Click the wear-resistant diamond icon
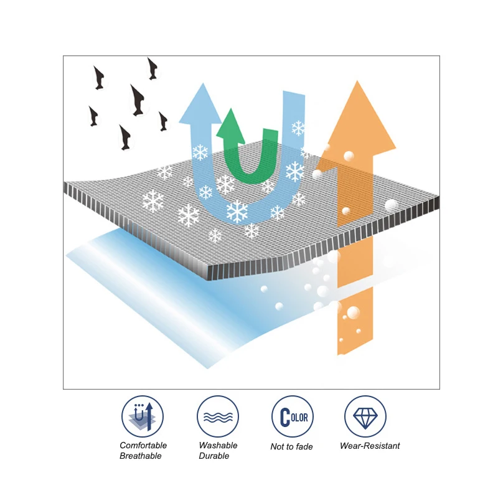[365, 416]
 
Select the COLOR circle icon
[292, 416]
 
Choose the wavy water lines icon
[218, 416]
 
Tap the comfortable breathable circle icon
[142, 416]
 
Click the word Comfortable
[143, 446]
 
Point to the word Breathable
[141, 456]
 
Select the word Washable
[218, 446]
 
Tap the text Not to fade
[291, 446]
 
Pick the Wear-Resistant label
[370, 446]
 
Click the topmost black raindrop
[153, 68]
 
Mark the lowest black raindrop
[125, 138]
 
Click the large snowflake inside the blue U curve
[237, 211]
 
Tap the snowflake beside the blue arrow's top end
[299, 128]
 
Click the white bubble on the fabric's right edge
[391, 205]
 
